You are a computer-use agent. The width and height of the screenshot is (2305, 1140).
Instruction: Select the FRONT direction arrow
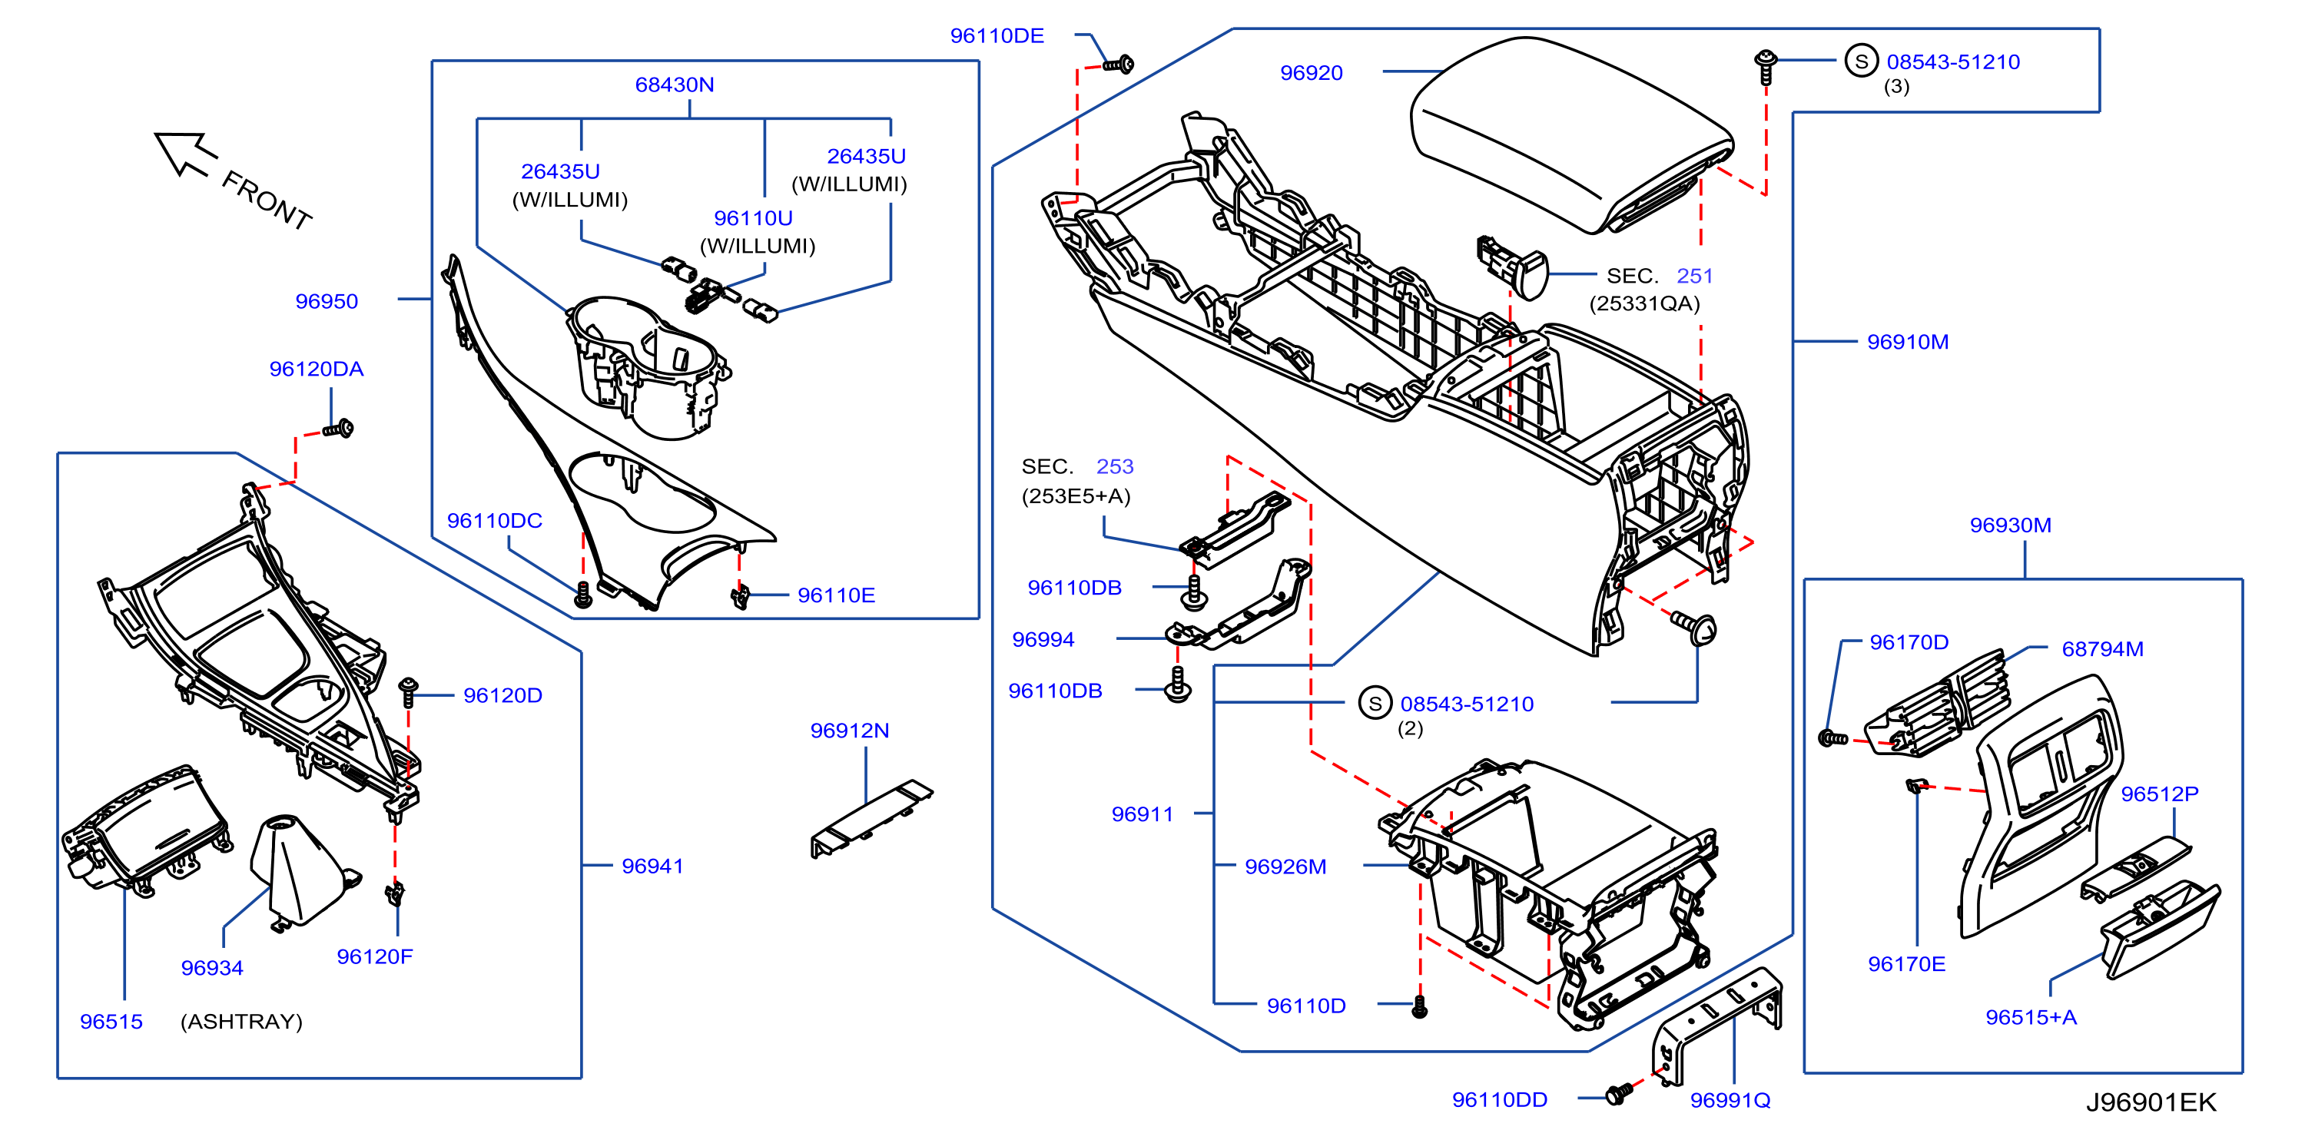(185, 153)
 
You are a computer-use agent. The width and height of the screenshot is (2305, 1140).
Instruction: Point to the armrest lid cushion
(1572, 134)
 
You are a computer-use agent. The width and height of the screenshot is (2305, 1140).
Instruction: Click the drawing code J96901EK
(2151, 1102)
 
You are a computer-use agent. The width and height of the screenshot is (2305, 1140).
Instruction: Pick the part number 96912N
(849, 731)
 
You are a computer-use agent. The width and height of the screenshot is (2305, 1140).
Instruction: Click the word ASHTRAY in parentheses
(241, 1021)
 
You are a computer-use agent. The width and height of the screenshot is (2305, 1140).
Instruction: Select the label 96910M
(1908, 341)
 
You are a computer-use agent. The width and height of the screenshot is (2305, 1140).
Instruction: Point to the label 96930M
(2011, 525)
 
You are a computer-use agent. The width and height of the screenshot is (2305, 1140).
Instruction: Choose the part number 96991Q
(1730, 1100)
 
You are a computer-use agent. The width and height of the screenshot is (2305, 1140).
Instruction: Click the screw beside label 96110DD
(1619, 1093)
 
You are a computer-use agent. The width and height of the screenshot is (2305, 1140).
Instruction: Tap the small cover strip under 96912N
(871, 819)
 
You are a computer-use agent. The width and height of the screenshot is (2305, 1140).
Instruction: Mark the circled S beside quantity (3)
(1861, 61)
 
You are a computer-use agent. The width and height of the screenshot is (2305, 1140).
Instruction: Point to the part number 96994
(1043, 639)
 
